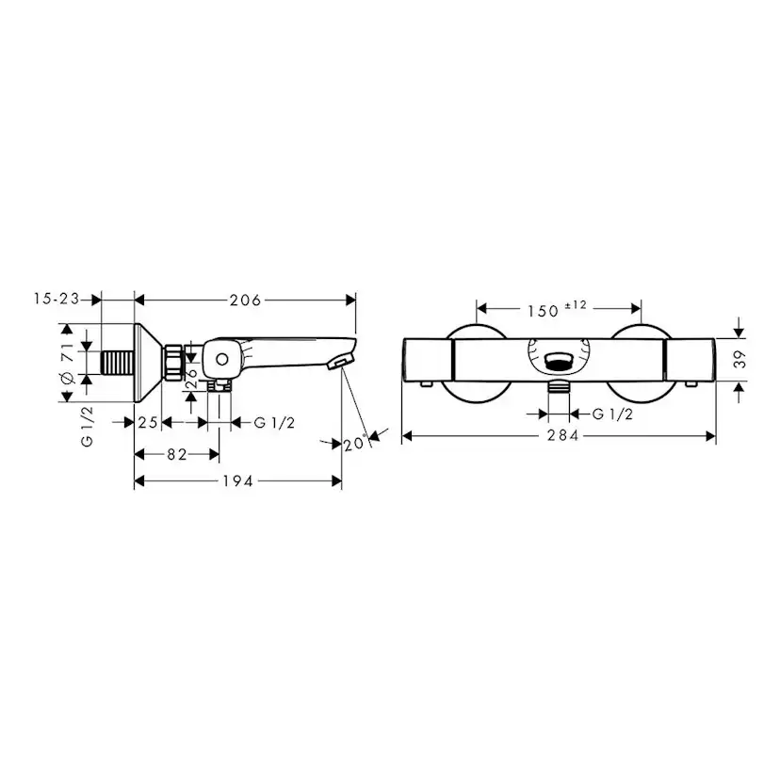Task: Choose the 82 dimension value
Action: tap(176, 454)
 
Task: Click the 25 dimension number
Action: tap(148, 422)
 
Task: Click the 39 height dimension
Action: tap(740, 359)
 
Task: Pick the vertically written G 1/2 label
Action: tap(85, 427)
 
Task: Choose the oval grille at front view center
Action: tap(560, 359)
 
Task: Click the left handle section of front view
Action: tap(430, 359)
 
